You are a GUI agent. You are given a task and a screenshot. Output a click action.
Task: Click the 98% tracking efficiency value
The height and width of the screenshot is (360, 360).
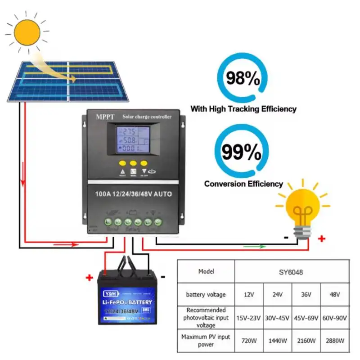(243, 78)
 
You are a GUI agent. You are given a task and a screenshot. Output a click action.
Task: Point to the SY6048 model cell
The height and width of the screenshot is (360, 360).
(292, 272)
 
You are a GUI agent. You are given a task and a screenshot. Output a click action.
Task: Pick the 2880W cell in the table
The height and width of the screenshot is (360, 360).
(335, 341)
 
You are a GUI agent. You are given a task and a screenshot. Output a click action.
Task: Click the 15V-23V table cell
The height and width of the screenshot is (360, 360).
(249, 318)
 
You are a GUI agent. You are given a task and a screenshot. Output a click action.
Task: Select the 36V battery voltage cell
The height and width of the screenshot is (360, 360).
(306, 295)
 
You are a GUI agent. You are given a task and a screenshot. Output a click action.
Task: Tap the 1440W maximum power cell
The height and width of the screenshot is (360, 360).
(278, 341)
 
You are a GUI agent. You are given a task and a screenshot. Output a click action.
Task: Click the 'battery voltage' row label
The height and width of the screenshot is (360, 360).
(206, 295)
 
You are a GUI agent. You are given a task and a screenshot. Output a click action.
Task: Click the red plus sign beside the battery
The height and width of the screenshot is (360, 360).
(89, 278)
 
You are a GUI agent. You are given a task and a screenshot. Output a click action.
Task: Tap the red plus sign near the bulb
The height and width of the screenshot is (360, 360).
(321, 239)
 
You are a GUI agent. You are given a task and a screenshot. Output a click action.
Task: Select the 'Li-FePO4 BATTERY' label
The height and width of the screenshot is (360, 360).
(128, 302)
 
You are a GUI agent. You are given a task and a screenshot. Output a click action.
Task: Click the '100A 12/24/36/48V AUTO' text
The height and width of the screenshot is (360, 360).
(134, 194)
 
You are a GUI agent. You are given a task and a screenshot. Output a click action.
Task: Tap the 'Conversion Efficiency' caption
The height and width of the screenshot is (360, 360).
(243, 184)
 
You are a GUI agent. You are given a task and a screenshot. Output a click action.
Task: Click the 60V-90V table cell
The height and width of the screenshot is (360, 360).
(335, 318)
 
